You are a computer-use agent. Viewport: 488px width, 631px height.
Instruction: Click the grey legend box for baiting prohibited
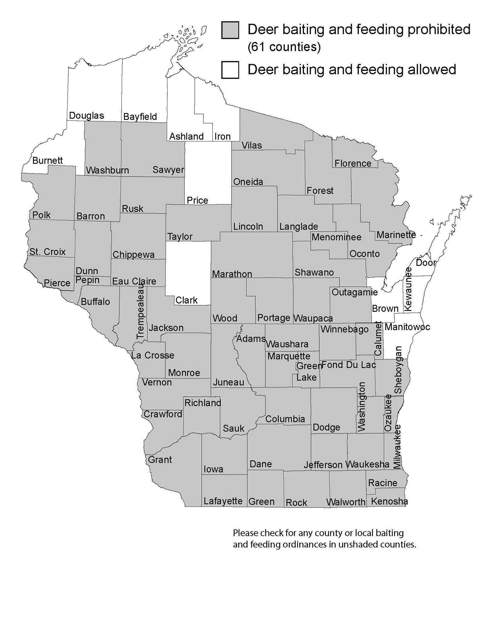pyautogui.click(x=230, y=30)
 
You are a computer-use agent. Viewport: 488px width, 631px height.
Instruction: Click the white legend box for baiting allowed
pyautogui.click(x=230, y=70)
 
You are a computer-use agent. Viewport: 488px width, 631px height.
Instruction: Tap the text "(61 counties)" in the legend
pyautogui.click(x=284, y=47)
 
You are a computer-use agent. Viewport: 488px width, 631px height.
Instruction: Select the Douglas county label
pyautogui.click(x=86, y=116)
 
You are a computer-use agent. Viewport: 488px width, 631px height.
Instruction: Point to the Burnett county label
pyautogui.click(x=47, y=161)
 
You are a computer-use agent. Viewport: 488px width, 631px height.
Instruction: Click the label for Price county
pyautogui.click(x=197, y=200)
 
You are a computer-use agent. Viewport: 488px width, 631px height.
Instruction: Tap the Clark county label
pyautogui.click(x=187, y=300)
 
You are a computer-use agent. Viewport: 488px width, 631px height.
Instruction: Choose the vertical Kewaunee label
pyautogui.click(x=408, y=289)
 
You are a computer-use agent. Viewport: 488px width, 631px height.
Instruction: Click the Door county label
pyautogui.click(x=426, y=263)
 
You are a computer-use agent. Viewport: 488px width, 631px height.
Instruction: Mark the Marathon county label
pyautogui.click(x=232, y=274)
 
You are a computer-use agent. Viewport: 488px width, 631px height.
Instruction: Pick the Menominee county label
pyautogui.click(x=336, y=237)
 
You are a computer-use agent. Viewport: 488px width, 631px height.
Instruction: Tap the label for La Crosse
pyautogui.click(x=153, y=355)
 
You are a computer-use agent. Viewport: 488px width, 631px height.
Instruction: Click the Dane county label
pyautogui.click(x=261, y=464)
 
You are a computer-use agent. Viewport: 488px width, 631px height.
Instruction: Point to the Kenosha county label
pyautogui.click(x=389, y=501)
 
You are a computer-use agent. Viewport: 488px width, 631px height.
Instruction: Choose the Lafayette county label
pyautogui.click(x=223, y=501)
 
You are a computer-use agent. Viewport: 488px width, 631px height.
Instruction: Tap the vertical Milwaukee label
pyautogui.click(x=398, y=447)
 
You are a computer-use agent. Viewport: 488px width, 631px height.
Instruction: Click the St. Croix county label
pyautogui.click(x=47, y=252)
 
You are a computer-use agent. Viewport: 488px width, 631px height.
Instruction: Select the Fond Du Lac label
pyautogui.click(x=349, y=365)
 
